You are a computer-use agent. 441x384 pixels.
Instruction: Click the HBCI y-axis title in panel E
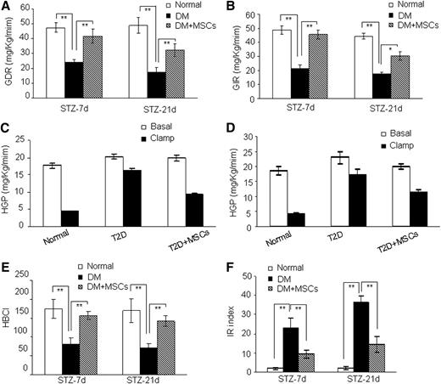[9, 323]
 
